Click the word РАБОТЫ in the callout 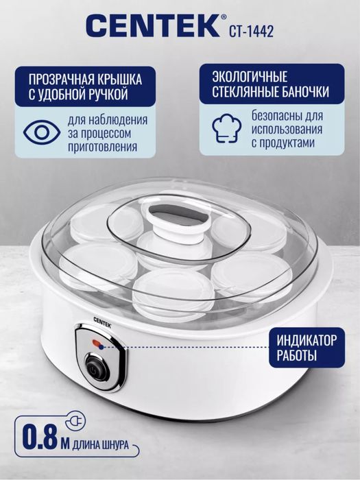pos(298,357)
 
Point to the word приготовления pos(101,146)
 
